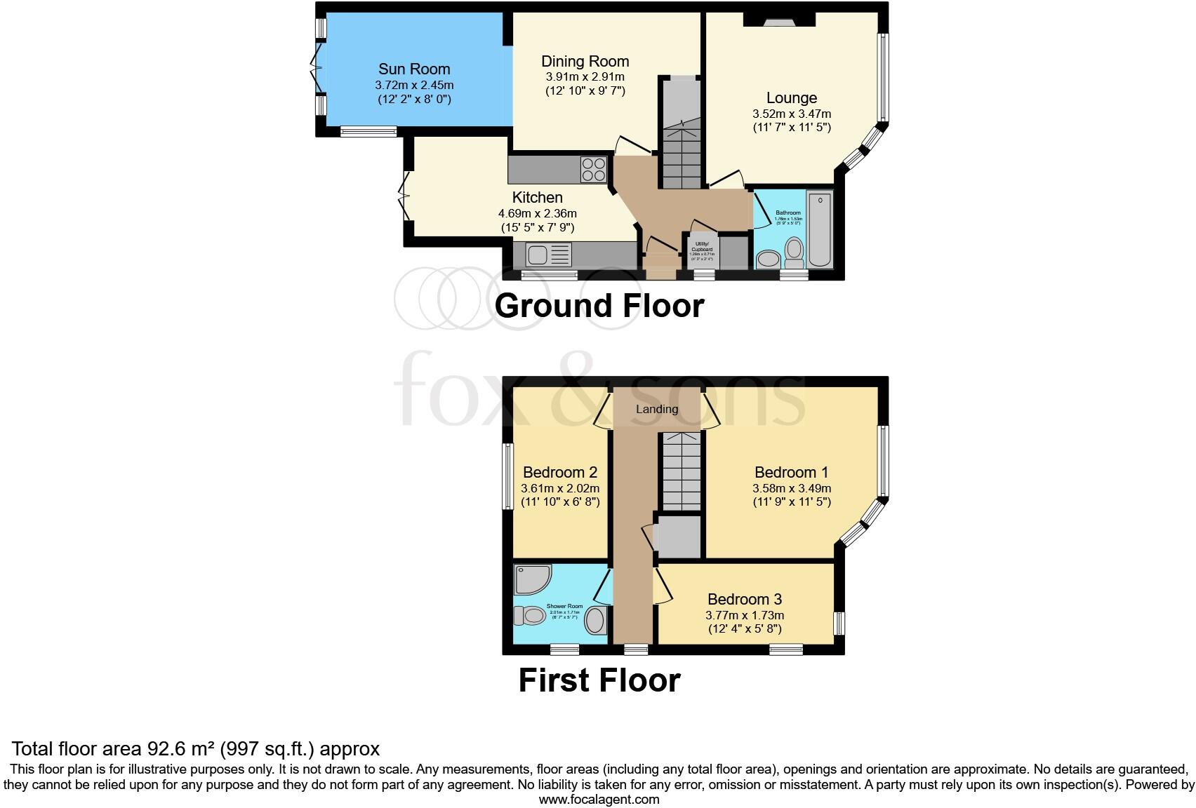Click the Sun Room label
pos(414,69)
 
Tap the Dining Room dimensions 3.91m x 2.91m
pos(585,76)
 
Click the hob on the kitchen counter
pos(593,170)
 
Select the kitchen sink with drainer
pos(548,254)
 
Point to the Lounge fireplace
pos(779,20)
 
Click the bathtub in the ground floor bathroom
pos(819,229)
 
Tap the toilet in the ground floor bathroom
pos(794,252)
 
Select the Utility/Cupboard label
pos(702,246)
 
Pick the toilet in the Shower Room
pos(529,616)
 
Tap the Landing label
pos(657,409)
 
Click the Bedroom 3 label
pos(745,599)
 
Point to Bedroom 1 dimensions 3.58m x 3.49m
pos(792,488)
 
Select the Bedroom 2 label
pos(560,472)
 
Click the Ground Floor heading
pos(599,306)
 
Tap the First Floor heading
pos(599,680)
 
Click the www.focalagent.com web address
pos(599,799)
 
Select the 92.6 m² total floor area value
pos(181,748)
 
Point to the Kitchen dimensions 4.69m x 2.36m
pos(537,213)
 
